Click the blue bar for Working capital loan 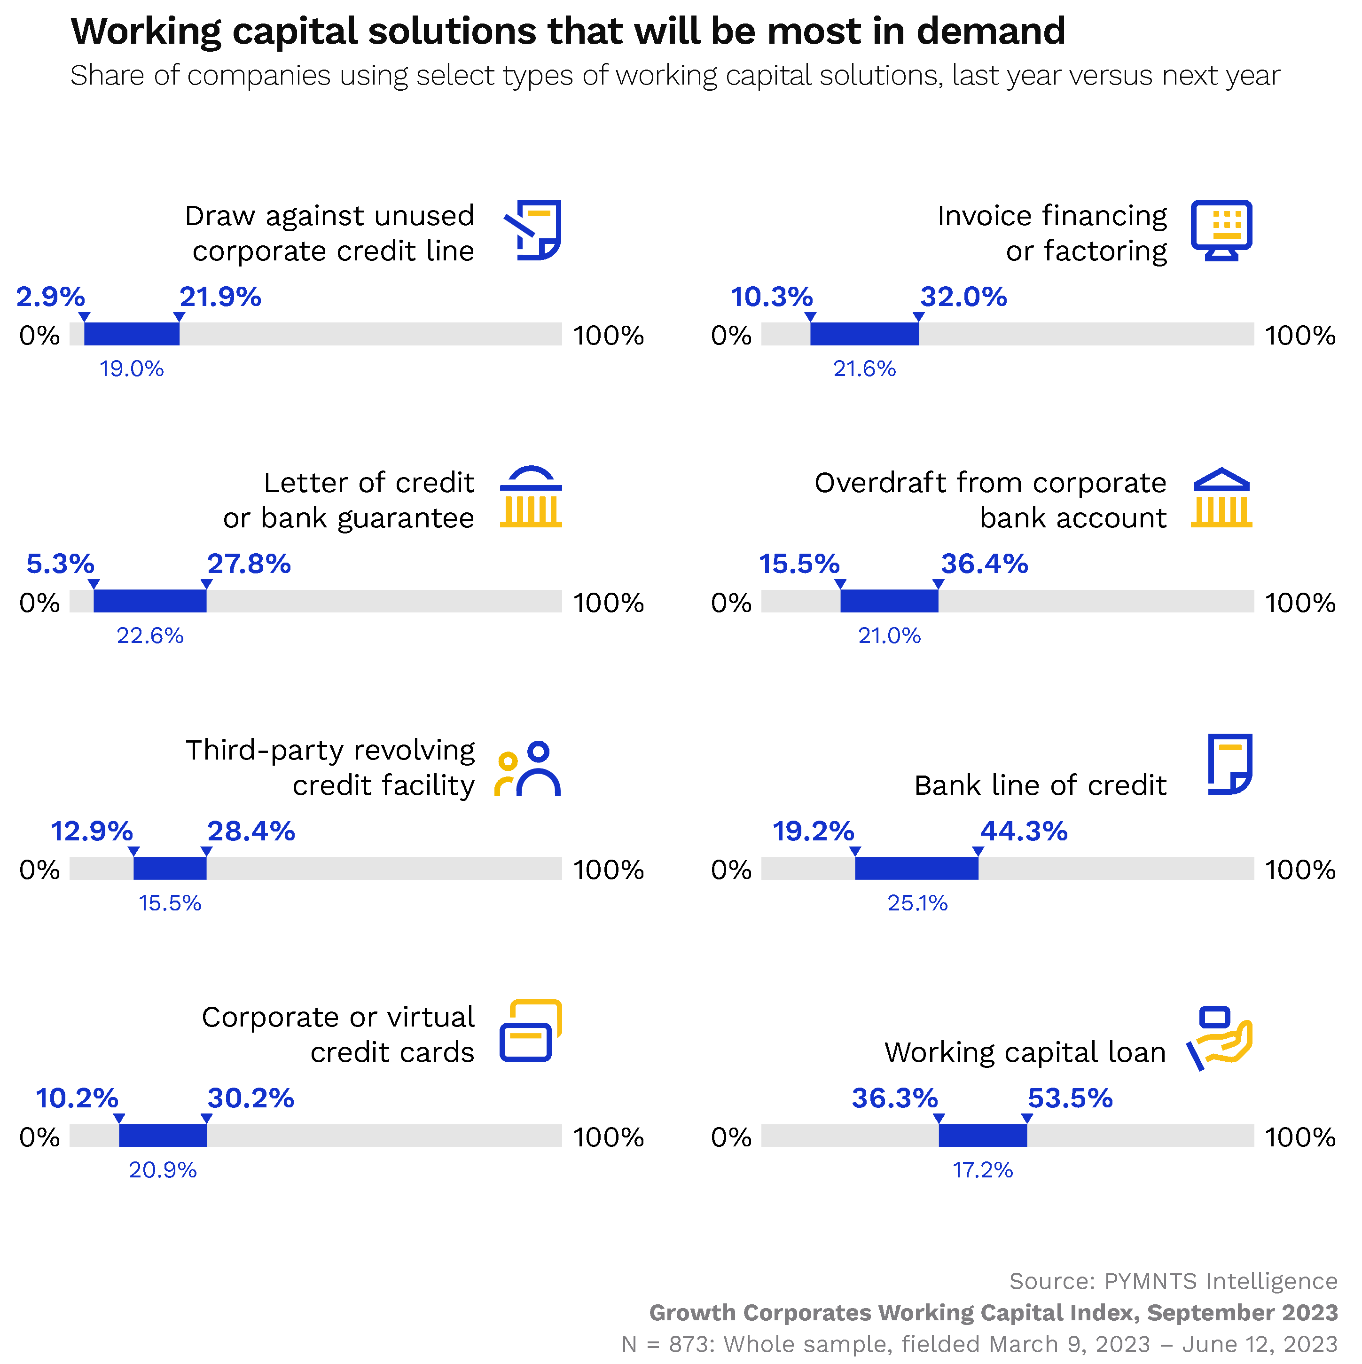click(982, 1135)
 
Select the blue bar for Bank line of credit click(916, 869)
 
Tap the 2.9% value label click(51, 297)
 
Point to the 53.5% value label click(1070, 1098)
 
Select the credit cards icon click(530, 1031)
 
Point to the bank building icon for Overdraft click(1221, 498)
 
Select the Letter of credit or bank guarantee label click(349, 501)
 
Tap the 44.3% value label click(1024, 831)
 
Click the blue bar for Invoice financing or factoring click(864, 334)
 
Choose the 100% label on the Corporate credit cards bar click(608, 1137)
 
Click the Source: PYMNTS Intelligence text click(1173, 1281)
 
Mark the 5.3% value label click(60, 564)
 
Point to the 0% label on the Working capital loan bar click(731, 1137)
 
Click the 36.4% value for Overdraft click(984, 564)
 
